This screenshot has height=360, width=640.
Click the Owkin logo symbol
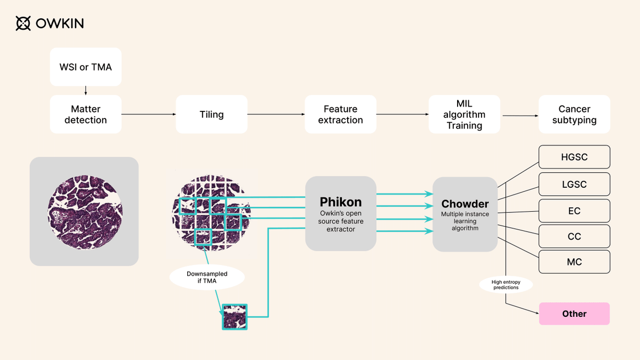click(x=23, y=23)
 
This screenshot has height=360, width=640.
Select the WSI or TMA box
click(x=86, y=67)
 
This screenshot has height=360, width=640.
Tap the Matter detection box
click(x=86, y=114)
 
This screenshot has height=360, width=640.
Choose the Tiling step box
click(x=212, y=114)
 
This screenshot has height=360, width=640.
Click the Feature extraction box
click(x=340, y=114)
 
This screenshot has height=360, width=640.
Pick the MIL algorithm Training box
click(x=465, y=114)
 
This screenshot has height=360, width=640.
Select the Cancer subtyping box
click(x=574, y=114)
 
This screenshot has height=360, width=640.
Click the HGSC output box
click(x=574, y=157)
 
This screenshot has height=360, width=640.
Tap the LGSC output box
click(x=574, y=184)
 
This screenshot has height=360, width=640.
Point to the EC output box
click(x=574, y=211)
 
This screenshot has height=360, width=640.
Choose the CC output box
click(x=574, y=236)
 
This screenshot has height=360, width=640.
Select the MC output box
click(x=574, y=262)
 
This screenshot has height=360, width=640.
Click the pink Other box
click(x=574, y=314)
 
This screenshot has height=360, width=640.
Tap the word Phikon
click(x=341, y=202)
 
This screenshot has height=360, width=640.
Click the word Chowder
click(x=465, y=204)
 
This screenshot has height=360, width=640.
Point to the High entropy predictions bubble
click(x=505, y=284)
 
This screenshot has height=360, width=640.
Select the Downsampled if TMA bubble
click(x=207, y=277)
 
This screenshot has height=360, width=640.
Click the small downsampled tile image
click(x=235, y=317)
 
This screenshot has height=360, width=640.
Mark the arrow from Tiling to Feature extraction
click(x=276, y=114)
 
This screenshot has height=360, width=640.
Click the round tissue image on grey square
click(x=84, y=211)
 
